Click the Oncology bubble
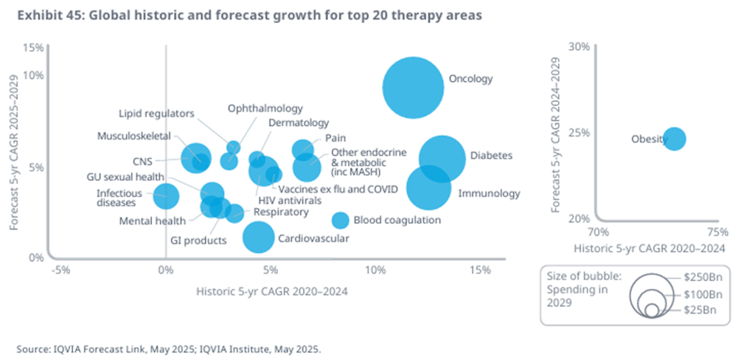click(x=413, y=87)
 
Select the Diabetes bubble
click(x=442, y=158)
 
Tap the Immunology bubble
click(x=428, y=188)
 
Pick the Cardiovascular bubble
click(x=259, y=237)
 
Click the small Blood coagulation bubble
click(x=340, y=220)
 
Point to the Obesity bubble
click(x=675, y=139)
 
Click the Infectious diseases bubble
click(x=166, y=195)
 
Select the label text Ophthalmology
click(x=265, y=108)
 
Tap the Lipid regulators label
click(x=156, y=114)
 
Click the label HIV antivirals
click(x=290, y=200)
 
